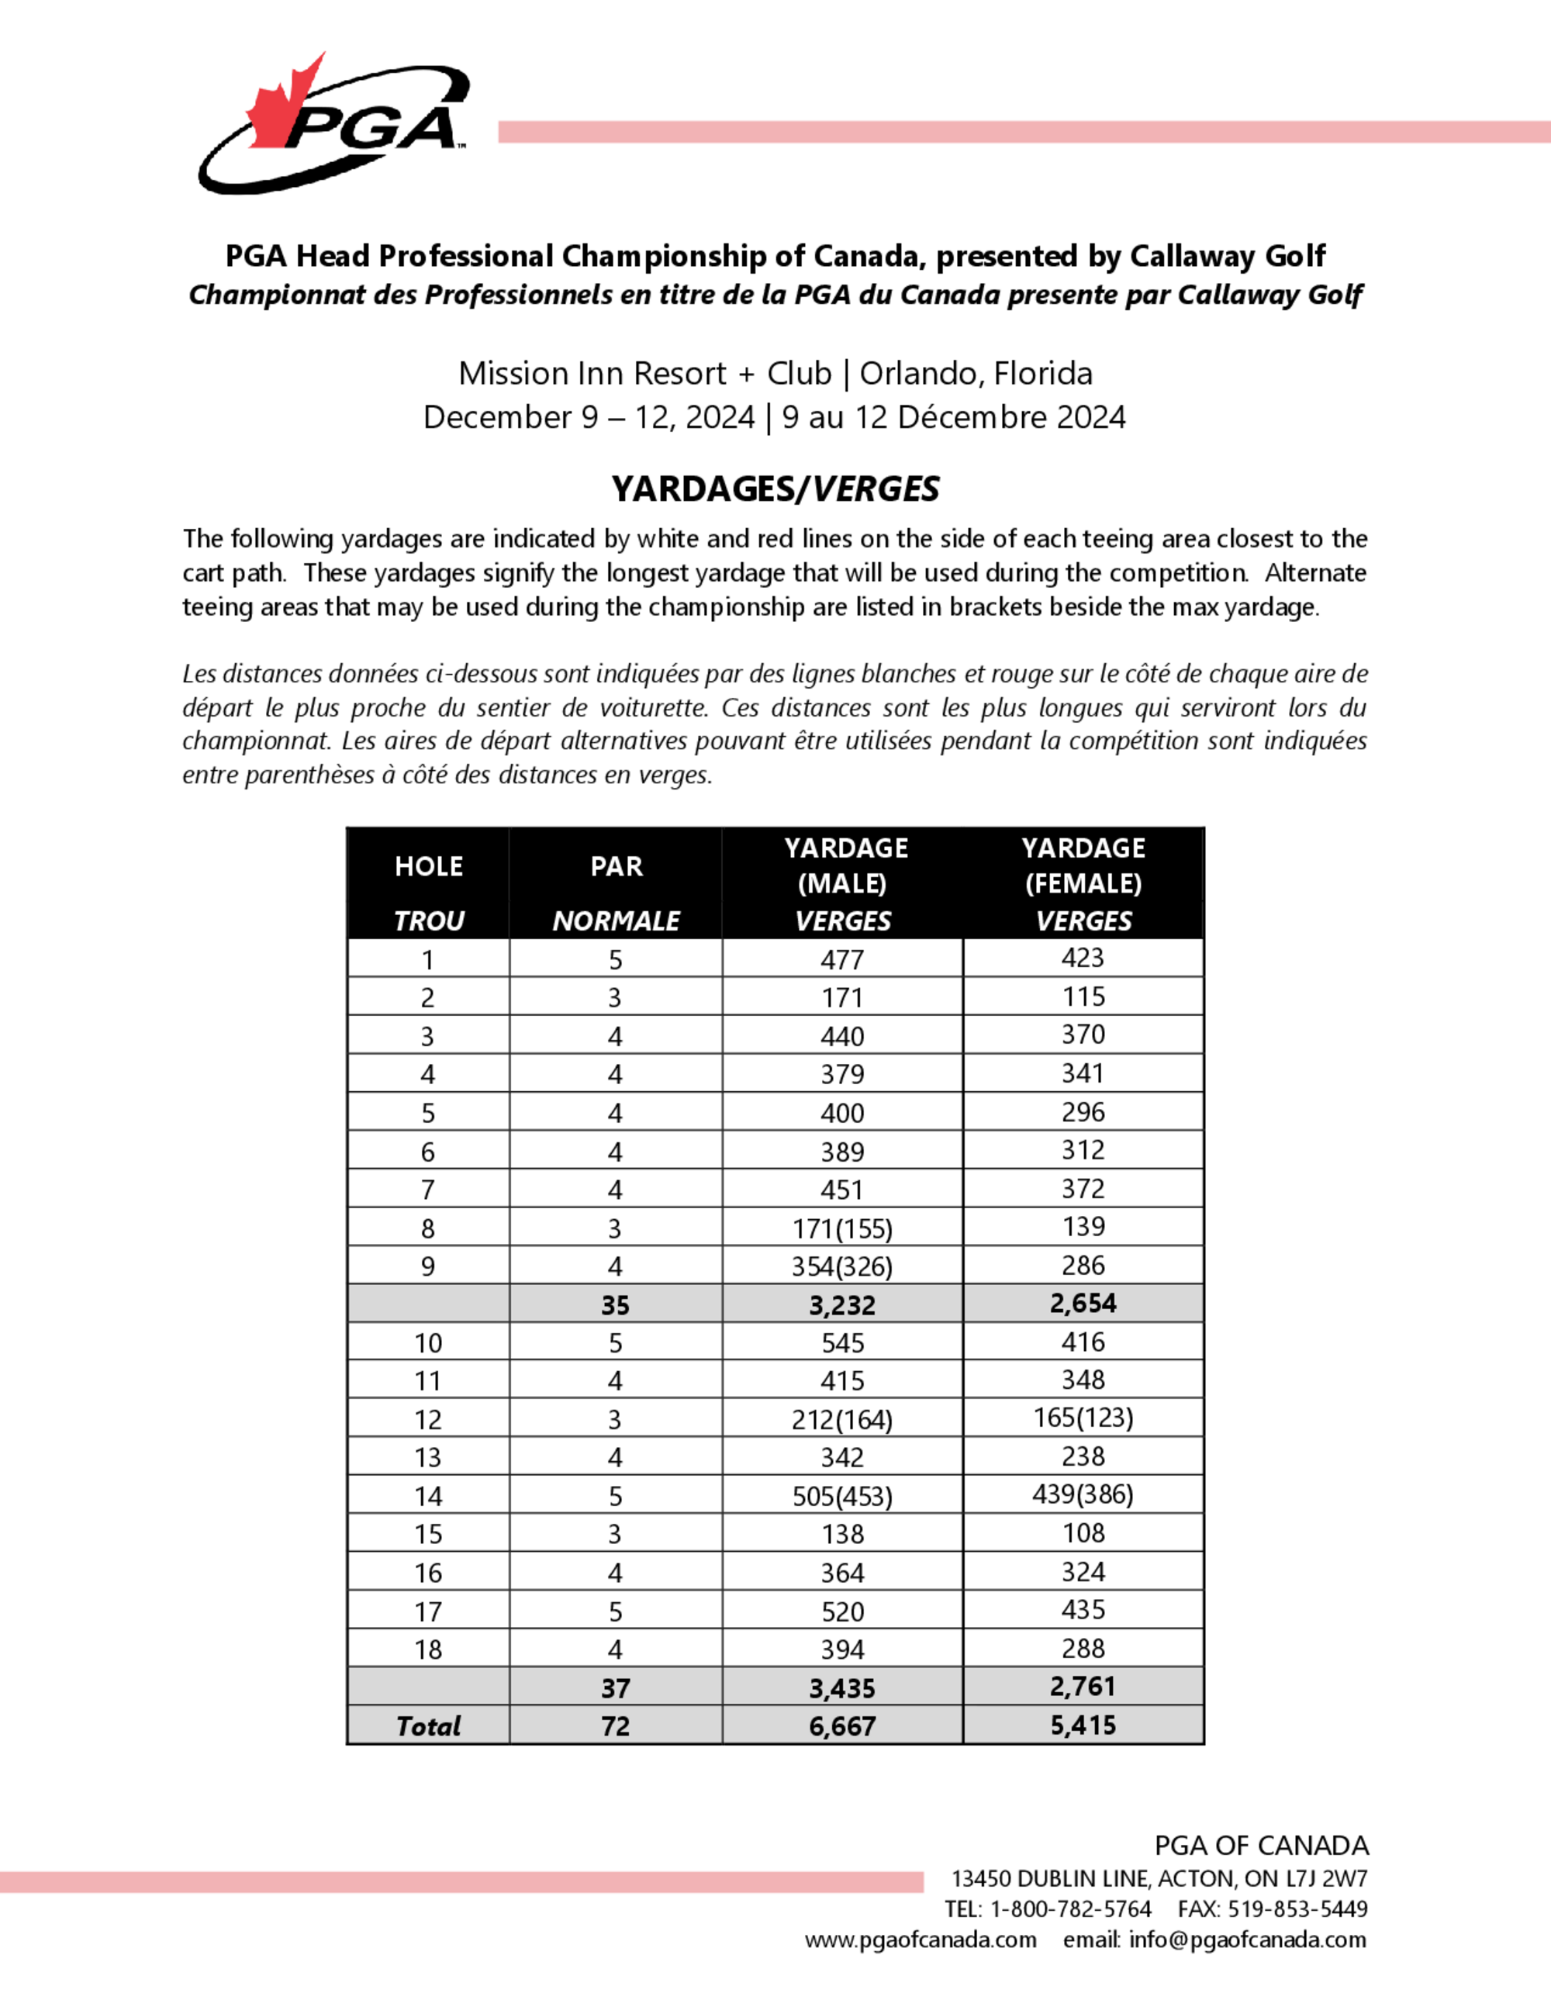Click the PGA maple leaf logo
333,124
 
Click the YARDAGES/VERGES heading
775,489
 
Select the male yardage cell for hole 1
841,959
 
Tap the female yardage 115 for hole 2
1083,997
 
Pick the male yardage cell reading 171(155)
841,1228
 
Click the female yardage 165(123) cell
1083,1418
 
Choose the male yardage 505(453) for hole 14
841,1496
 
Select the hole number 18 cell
428,1649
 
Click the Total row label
428,1725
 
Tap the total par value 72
615,1725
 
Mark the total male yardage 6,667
841,1725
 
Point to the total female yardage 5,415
1083,1725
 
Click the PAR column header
616,866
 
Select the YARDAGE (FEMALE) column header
1083,865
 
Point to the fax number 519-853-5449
1297,1909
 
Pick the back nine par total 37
615,1688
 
